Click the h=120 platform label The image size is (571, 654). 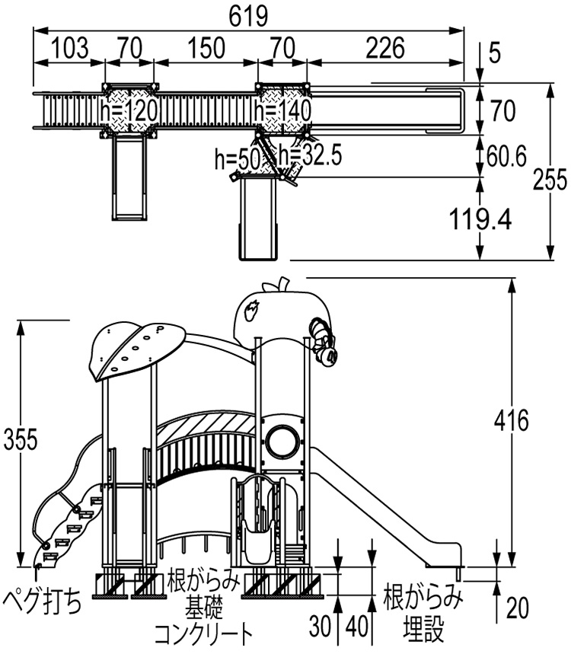(x=129, y=112)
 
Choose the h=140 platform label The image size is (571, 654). (x=283, y=112)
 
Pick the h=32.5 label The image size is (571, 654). (x=309, y=155)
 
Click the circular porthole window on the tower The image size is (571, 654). (x=283, y=439)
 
